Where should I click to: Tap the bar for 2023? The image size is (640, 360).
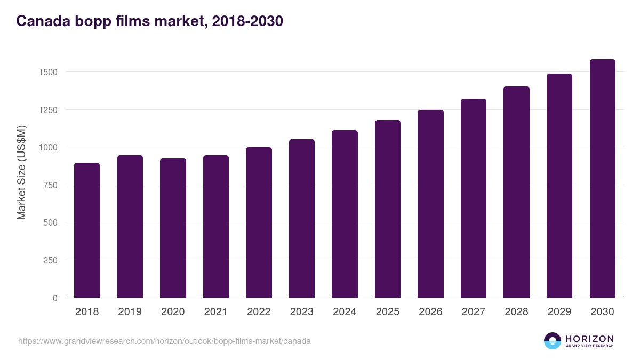[x=302, y=219]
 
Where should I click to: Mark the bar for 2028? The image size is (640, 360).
[x=516, y=192]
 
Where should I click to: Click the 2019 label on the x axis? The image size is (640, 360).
[x=130, y=312]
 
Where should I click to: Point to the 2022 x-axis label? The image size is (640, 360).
[x=259, y=312]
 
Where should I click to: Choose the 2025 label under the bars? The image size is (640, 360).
[x=387, y=312]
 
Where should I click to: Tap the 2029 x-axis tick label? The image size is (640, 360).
[x=559, y=312]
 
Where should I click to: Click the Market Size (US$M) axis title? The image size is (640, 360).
[x=22, y=172]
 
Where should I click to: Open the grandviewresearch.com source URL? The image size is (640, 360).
[x=164, y=341]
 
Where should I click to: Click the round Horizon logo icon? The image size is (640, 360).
[x=552, y=341]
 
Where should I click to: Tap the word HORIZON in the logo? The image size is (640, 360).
[x=589, y=338]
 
